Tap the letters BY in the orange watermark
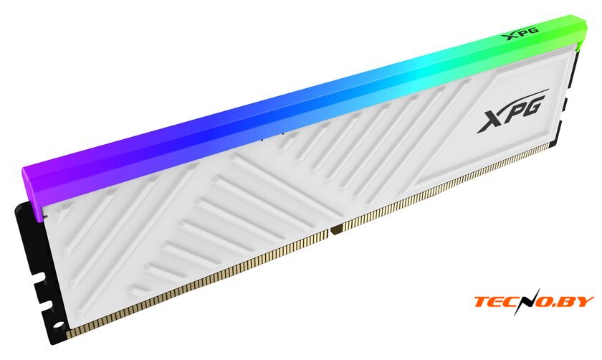[578, 301]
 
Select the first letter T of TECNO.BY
[483, 301]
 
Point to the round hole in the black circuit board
[58, 326]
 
